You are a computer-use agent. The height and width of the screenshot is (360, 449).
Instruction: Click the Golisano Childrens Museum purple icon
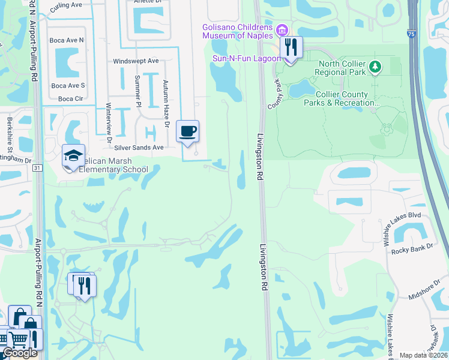point(282,29)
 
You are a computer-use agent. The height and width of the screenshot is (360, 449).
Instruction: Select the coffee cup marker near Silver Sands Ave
point(187,131)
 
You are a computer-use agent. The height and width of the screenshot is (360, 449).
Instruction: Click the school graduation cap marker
point(73,156)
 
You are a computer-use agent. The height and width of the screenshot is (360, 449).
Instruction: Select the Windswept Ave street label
point(136,61)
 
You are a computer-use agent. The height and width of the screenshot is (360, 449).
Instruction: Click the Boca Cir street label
point(70,98)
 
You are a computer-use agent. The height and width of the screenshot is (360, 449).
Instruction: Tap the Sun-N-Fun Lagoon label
point(247,58)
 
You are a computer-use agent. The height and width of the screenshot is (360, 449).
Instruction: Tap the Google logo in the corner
point(20,353)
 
